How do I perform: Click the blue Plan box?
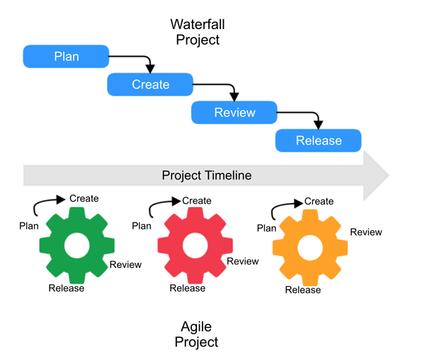[66, 57]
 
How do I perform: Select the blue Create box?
[150, 84]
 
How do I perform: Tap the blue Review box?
[234, 112]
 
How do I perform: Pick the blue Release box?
[318, 140]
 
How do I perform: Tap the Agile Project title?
[199, 334]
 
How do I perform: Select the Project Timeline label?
[206, 175]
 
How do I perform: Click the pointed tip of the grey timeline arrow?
[387, 174]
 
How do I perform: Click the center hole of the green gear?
[76, 245]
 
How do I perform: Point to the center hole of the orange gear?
[310, 247]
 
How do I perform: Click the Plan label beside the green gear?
[28, 225]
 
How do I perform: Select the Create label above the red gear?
[196, 201]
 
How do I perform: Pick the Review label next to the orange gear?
[365, 232]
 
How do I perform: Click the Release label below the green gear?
[66, 288]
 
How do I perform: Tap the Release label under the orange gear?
[302, 290]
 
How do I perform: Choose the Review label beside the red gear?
[242, 261]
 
